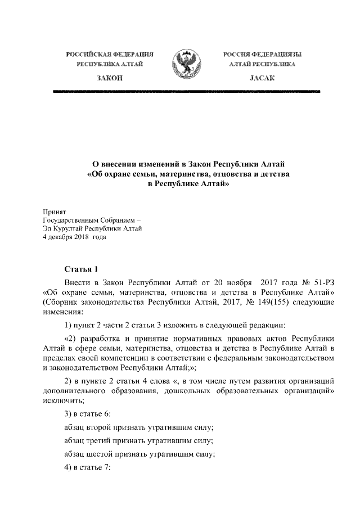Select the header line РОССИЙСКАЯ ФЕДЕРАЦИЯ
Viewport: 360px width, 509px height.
click(110, 55)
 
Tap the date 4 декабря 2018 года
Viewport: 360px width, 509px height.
click(74, 237)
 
